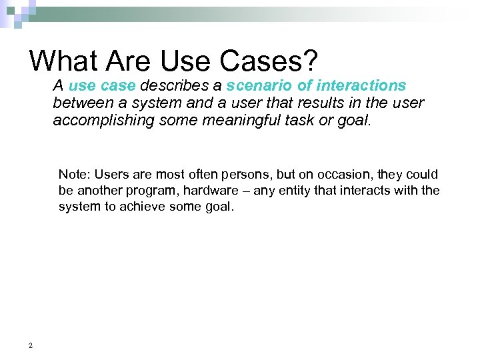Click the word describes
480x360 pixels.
click(x=173, y=86)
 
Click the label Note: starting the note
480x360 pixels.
click(x=75, y=175)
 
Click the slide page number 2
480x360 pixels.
click(x=31, y=345)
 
